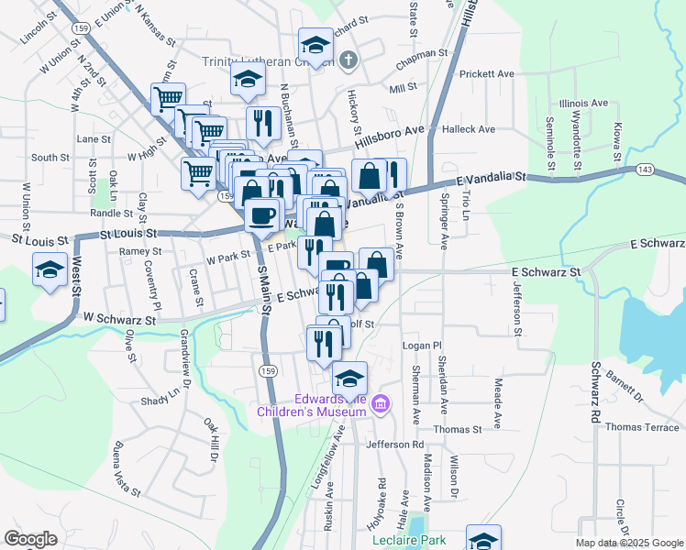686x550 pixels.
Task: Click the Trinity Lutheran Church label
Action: pos(256,62)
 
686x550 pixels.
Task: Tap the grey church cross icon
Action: pos(347,61)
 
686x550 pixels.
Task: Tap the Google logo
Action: pos(30,539)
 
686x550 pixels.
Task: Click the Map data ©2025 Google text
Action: pos(629,543)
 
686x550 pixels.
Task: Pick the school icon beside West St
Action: pos(50,269)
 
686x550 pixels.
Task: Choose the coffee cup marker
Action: pos(263,215)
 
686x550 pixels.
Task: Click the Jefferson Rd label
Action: pos(394,445)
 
